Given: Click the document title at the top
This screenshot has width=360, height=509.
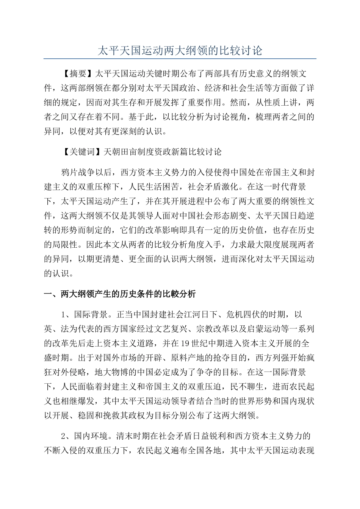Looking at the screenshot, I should (x=180, y=50).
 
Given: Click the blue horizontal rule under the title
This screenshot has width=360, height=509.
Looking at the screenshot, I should (x=180, y=59).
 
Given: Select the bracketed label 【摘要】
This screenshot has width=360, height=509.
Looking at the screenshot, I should (x=78, y=73).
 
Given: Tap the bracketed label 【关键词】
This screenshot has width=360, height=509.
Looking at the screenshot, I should (x=81, y=152).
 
